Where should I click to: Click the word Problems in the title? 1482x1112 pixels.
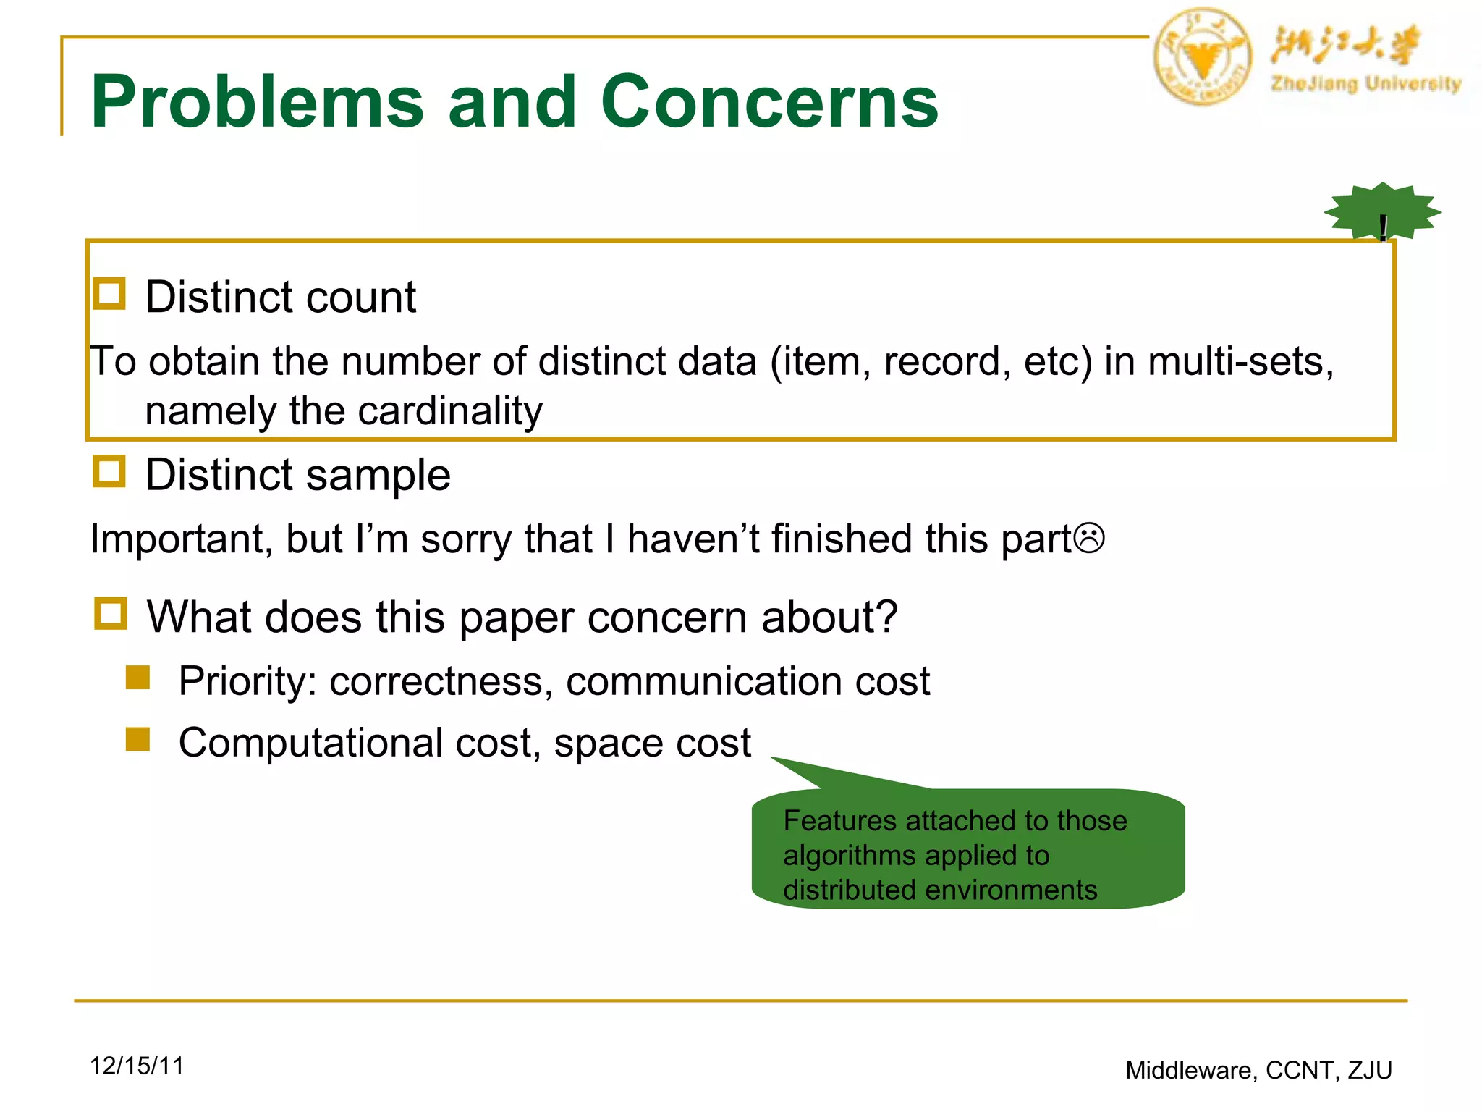[x=257, y=102]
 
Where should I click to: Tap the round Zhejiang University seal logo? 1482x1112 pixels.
[x=1202, y=57]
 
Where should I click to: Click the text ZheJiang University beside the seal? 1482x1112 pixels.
[x=1365, y=84]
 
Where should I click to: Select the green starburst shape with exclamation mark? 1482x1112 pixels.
[x=1382, y=211]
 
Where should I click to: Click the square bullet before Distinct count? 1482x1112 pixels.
[x=109, y=294]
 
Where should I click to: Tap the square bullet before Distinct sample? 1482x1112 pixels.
[x=109, y=471]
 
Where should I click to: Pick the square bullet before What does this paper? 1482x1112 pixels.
[x=111, y=613]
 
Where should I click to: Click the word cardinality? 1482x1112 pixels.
[x=450, y=411]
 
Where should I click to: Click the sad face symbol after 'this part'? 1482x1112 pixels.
[x=1089, y=539]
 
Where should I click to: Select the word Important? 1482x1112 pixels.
[x=180, y=539]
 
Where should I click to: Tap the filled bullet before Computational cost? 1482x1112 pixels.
[x=137, y=740]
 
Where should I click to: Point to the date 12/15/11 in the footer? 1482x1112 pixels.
[x=137, y=1066]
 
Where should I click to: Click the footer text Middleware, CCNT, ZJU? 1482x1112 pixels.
[x=1258, y=1070]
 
